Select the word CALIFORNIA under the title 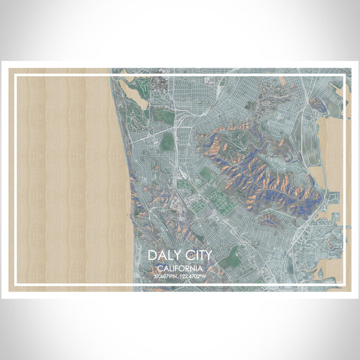coord(180,268)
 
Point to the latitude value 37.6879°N coord(166,277)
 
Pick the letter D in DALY coord(153,256)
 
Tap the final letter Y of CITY coord(207,256)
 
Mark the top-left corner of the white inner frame coord(16,76)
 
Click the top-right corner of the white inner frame coord(344,76)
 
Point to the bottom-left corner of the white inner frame coord(16,284)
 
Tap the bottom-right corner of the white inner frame coord(344,284)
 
